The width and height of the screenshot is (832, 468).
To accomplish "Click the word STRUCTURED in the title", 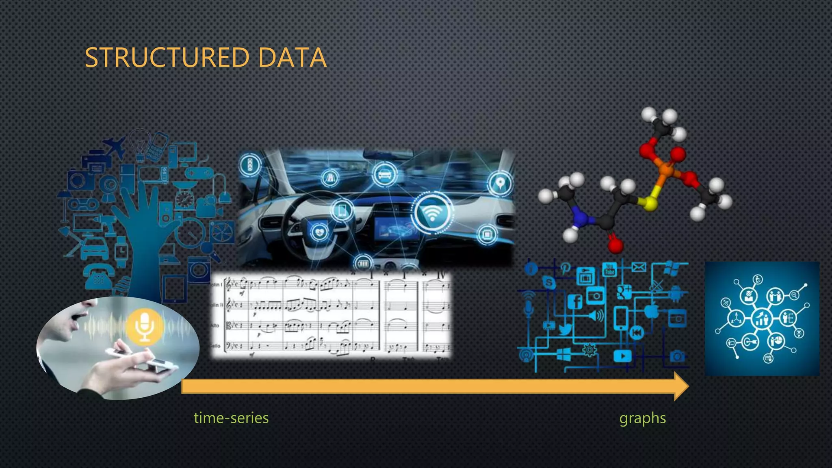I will tap(167, 57).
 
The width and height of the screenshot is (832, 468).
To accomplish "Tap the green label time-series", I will tap(231, 418).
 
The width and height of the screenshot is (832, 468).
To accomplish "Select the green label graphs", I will tap(642, 418).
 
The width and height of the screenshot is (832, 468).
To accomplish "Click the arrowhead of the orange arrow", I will tap(680, 386).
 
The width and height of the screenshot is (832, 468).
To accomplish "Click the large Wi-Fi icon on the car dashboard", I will tap(432, 212).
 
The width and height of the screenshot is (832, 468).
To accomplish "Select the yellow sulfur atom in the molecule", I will tap(649, 203).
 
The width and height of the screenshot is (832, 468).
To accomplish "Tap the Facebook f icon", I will tap(575, 301).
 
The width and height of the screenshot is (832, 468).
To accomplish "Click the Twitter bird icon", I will tap(565, 329).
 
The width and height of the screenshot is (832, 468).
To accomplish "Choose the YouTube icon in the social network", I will tap(609, 269).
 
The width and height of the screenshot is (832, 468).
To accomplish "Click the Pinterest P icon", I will tap(565, 268).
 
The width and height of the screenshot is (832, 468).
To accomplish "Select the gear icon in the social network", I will tap(589, 350).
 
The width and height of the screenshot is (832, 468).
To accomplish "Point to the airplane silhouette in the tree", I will tap(115, 147).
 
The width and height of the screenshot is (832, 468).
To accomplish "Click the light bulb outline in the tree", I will tap(139, 141).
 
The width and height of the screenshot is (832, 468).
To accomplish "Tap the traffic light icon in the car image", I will tap(250, 165).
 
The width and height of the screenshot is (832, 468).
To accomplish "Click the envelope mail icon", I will tap(639, 267).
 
